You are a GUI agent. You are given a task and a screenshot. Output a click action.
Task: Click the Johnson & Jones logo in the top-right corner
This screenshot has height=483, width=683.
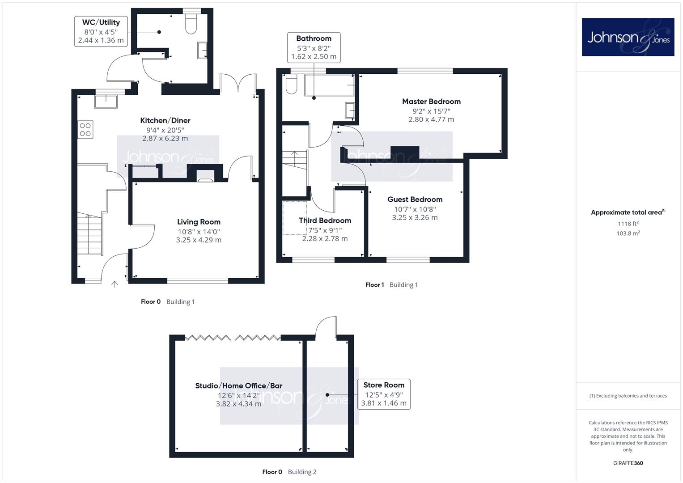point(628,37)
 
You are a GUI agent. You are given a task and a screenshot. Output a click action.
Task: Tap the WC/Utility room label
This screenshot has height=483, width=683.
point(101,22)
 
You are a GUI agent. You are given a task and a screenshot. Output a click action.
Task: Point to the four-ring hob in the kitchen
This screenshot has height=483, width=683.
point(85,130)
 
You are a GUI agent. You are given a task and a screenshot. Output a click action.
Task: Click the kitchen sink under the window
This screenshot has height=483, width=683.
point(106,102)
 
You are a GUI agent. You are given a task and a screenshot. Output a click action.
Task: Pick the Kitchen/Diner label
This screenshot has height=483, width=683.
point(165,120)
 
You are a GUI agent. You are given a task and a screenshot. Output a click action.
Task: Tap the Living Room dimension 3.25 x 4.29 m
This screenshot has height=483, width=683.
point(199,240)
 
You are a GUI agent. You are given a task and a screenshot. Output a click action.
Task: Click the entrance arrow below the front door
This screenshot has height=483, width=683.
point(115,284)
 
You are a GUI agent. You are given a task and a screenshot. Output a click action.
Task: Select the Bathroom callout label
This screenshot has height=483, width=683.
point(314,47)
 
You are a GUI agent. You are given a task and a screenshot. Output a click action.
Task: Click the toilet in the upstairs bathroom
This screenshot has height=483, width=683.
point(292,84)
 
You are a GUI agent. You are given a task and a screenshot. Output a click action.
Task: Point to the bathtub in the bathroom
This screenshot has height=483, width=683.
point(329,85)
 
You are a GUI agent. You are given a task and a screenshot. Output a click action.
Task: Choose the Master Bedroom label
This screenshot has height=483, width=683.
point(431,102)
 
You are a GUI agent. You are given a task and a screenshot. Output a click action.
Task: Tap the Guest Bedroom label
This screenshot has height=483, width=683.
point(415,199)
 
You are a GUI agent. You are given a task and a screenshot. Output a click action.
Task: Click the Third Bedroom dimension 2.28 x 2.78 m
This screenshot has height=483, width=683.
point(325,239)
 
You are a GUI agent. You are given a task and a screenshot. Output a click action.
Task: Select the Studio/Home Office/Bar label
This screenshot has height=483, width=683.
point(239,386)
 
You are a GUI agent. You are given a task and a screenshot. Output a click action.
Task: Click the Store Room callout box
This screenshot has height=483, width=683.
point(384,394)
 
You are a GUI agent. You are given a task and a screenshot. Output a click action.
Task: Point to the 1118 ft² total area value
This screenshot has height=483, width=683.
point(628,224)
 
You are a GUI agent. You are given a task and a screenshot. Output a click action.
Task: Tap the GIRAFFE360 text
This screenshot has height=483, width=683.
point(628,463)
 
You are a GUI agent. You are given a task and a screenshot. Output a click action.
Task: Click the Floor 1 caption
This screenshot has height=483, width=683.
point(375,285)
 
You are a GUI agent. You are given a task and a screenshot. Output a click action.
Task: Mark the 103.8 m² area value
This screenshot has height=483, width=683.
point(628,233)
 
